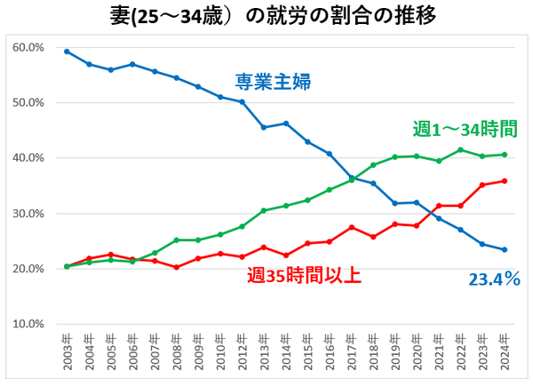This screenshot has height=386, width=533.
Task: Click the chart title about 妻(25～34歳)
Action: click(266, 16)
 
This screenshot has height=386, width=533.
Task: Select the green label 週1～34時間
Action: click(465, 130)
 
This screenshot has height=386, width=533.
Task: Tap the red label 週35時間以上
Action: click(303, 275)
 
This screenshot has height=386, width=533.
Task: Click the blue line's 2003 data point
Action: click(67, 51)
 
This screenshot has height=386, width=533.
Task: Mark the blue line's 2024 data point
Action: click(504, 249)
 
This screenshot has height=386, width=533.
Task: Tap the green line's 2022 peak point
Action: click(460, 150)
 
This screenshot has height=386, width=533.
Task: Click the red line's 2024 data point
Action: click(504, 181)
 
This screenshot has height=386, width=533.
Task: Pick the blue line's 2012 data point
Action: click(242, 102)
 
